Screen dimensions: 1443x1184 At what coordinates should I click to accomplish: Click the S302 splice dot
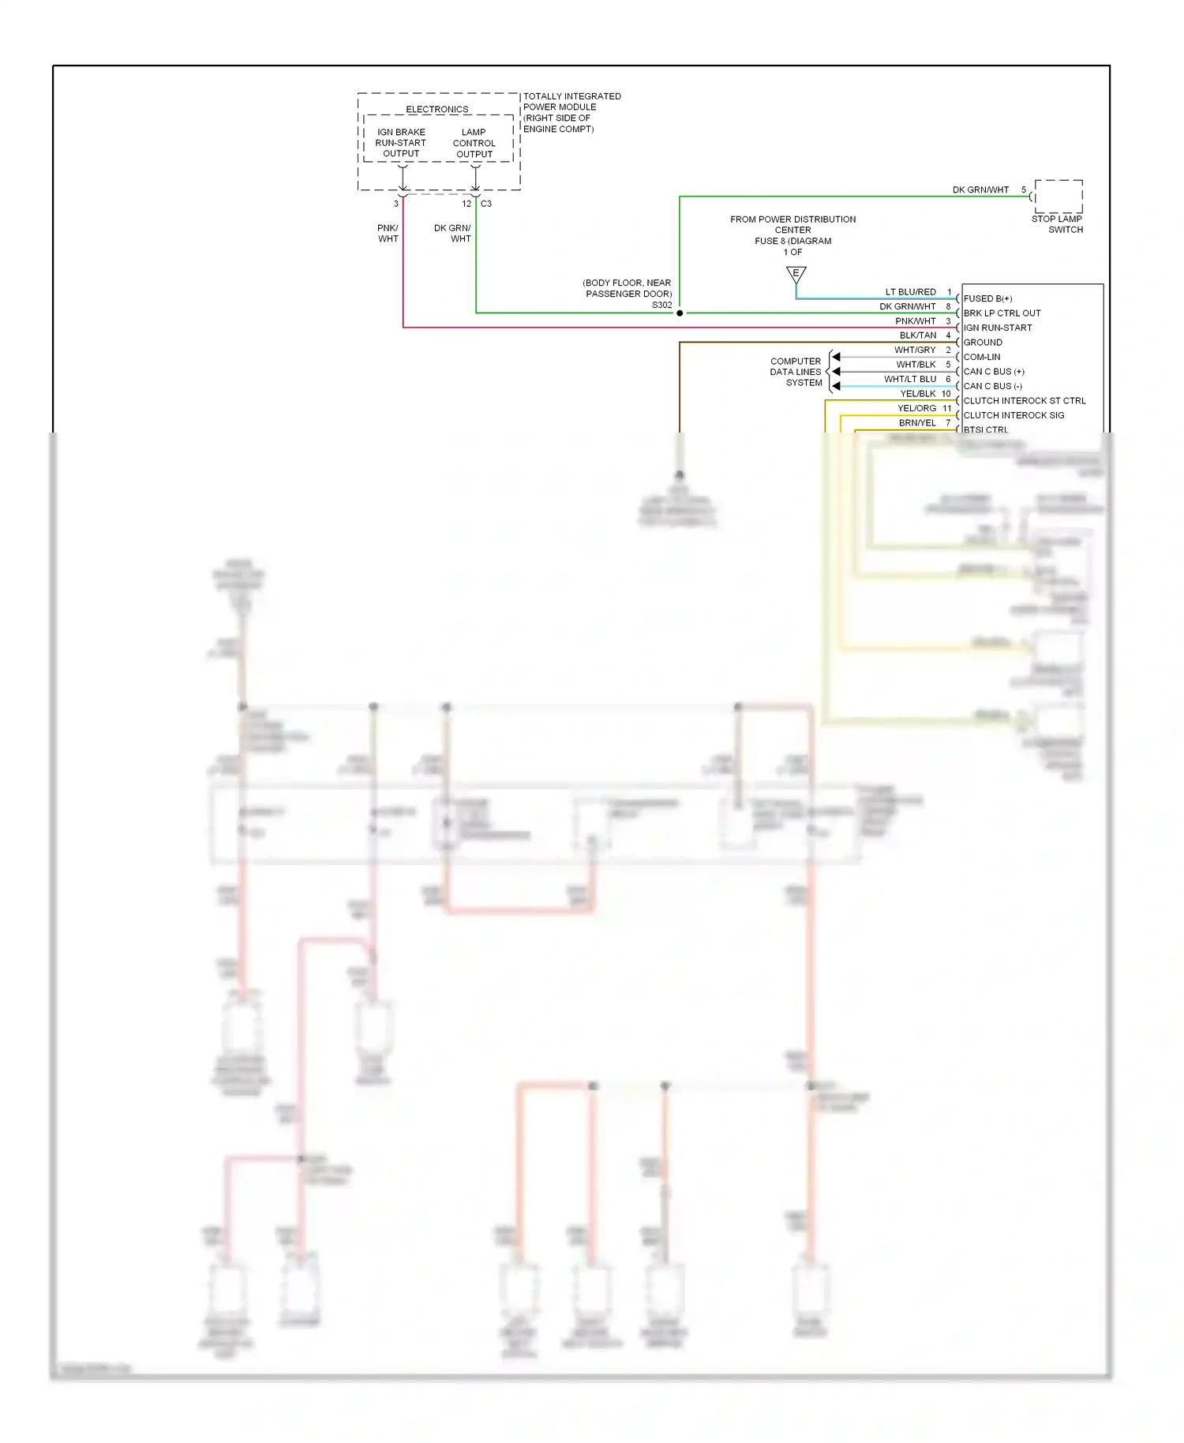(680, 313)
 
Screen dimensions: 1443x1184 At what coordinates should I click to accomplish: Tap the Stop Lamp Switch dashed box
(1058, 196)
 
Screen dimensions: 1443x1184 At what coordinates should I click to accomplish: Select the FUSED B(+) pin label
(987, 299)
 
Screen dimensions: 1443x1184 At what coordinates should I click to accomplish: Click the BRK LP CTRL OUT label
(1002, 313)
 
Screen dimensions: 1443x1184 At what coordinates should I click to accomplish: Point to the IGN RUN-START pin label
(998, 328)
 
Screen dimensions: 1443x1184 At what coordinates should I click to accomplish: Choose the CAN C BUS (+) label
(994, 372)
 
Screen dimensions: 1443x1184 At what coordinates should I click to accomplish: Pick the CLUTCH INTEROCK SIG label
(1014, 415)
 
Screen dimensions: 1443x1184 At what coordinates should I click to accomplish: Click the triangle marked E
(796, 275)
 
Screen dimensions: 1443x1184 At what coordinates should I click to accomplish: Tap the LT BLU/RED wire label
(910, 292)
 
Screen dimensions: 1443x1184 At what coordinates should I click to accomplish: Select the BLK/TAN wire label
(917, 335)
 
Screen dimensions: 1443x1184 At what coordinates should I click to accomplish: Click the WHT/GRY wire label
(915, 350)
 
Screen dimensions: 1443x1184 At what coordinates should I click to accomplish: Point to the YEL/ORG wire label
(916, 409)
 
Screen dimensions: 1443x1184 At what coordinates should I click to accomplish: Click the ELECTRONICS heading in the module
(437, 110)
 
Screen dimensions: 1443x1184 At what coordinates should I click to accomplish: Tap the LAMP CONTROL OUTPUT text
(474, 144)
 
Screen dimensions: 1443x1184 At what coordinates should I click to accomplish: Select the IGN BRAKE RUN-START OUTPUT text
(401, 144)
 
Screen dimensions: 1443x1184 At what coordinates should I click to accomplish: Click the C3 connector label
(486, 204)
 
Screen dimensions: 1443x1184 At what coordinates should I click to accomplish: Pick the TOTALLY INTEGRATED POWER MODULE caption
(571, 112)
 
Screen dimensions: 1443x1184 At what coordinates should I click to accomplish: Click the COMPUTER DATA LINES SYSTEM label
(796, 372)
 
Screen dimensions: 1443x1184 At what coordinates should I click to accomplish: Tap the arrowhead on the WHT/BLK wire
(836, 371)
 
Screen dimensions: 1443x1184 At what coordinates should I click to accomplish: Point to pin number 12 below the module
(466, 204)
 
